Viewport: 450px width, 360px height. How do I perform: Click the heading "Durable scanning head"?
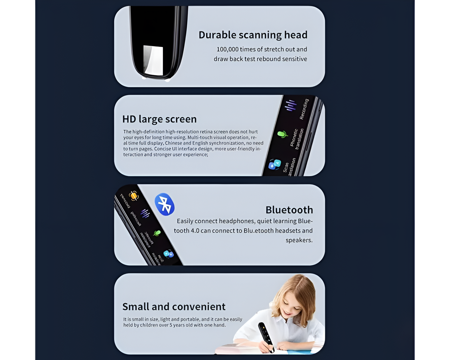[x=253, y=35]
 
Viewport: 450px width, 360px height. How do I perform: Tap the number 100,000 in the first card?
[x=227, y=50]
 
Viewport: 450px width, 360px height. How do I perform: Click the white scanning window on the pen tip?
[x=154, y=60]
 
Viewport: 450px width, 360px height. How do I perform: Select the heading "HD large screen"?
[x=159, y=119]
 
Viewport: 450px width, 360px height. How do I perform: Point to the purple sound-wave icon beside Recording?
[x=291, y=105]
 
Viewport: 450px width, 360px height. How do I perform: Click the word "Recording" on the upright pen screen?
[x=304, y=109]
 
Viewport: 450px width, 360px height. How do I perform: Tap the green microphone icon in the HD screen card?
[x=282, y=134]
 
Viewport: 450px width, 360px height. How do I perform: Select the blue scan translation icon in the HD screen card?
[x=275, y=164]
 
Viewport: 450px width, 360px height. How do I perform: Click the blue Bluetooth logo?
[x=164, y=204]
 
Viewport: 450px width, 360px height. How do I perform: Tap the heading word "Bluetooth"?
[x=289, y=210]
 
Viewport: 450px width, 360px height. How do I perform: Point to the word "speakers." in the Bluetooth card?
[x=299, y=240]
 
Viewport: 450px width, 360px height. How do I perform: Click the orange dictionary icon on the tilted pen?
[x=134, y=196]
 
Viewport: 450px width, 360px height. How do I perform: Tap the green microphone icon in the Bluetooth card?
[x=157, y=233]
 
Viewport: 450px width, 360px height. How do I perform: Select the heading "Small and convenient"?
[x=174, y=307]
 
